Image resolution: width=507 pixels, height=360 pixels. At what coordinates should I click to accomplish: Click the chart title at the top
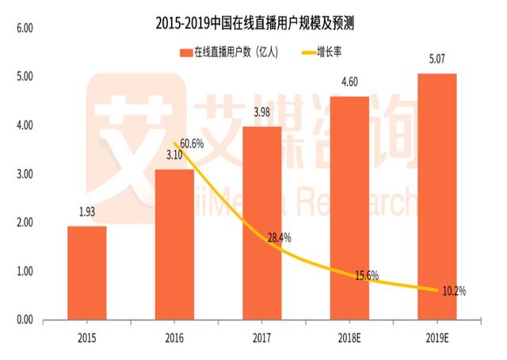point(254,24)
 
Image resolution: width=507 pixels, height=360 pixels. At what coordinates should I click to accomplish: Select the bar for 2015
point(87,273)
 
